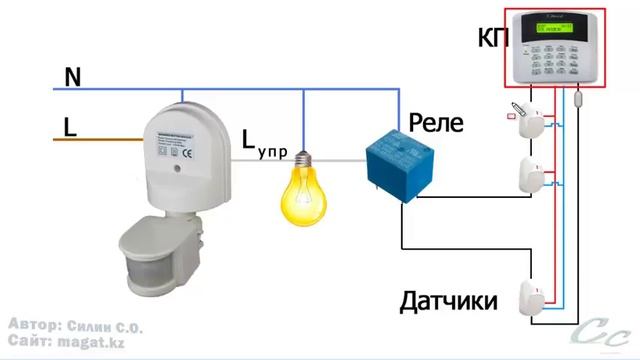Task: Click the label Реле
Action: tap(436, 124)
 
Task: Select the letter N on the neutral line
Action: tap(72, 76)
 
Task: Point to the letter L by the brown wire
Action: tap(70, 127)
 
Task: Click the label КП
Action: tap(493, 39)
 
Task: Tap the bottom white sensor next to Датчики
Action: tap(530, 299)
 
